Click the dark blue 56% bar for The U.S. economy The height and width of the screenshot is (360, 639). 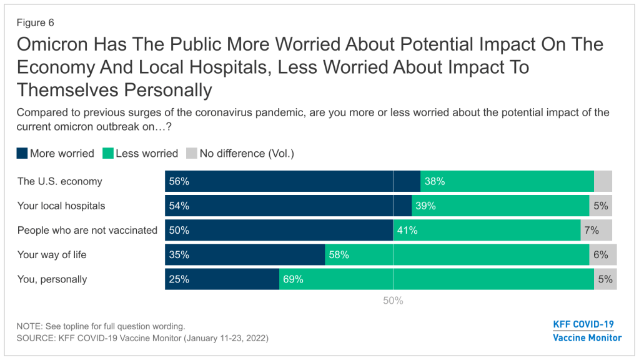pos(292,182)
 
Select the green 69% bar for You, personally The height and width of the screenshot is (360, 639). pos(437,279)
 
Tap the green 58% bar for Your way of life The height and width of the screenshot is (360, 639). pos(457,255)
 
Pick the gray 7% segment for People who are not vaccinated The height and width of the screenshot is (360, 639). pos(596,231)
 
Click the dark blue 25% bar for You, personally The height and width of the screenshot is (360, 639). pos(222,279)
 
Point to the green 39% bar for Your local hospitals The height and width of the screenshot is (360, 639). pos(500,206)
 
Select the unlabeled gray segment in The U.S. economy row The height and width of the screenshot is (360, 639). pos(603,182)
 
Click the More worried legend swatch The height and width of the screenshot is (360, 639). pos(22,154)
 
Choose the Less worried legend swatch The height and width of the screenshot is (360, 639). pos(107,154)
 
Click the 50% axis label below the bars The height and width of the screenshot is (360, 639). pos(393,301)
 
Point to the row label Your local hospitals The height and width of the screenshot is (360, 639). pos(61,206)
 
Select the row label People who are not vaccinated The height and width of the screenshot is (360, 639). pos(87,231)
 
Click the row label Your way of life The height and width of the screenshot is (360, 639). pos(52,255)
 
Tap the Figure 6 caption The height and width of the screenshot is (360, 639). pos(36,23)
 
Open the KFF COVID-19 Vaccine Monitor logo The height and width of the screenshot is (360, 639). pos(587,331)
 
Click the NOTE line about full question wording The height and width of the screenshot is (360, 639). pos(101,326)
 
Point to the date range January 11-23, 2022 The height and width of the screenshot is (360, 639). pos(224,338)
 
